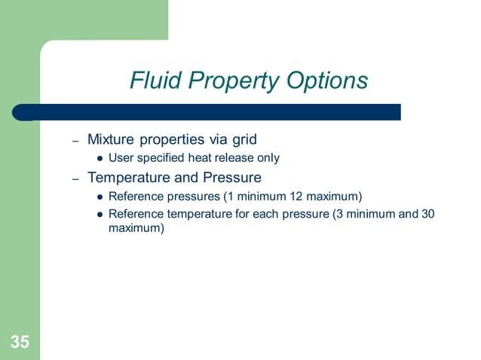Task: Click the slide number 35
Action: (x=20, y=343)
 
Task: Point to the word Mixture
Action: (x=112, y=139)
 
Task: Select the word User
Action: (x=121, y=158)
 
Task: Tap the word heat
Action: (x=198, y=158)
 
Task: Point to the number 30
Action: (x=428, y=214)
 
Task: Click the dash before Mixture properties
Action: (x=75, y=141)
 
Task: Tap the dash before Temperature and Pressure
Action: (x=75, y=179)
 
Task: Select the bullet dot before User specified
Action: (x=99, y=159)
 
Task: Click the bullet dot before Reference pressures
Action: (x=99, y=197)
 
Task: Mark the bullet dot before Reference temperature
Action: (x=99, y=215)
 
